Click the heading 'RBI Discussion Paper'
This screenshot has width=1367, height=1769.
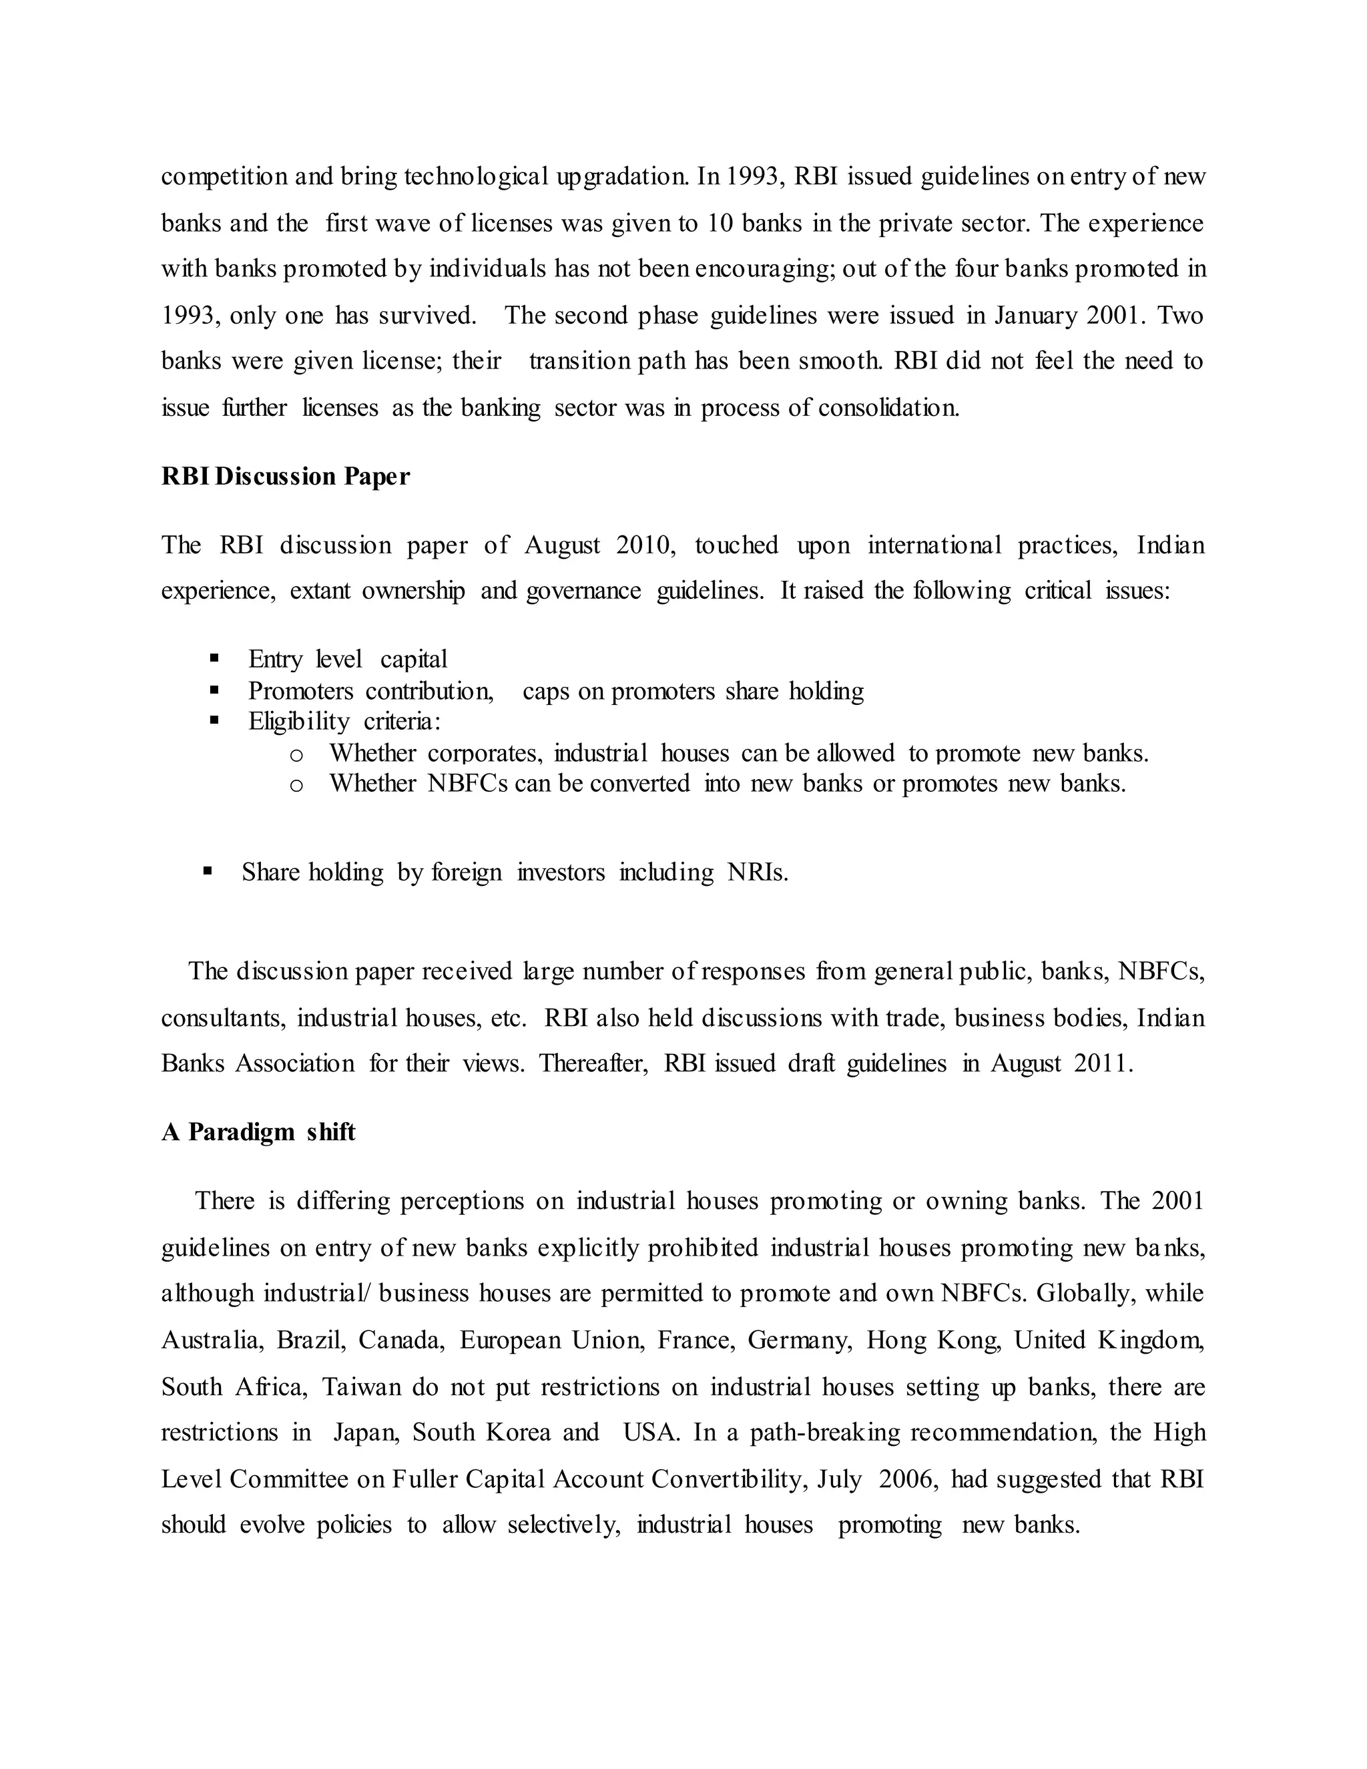coord(285,476)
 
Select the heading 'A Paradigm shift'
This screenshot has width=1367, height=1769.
coord(258,1131)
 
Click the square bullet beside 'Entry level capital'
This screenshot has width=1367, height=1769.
coord(215,658)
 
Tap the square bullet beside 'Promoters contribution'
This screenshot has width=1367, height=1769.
coord(215,690)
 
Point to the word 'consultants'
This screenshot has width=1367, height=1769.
coord(223,1017)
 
